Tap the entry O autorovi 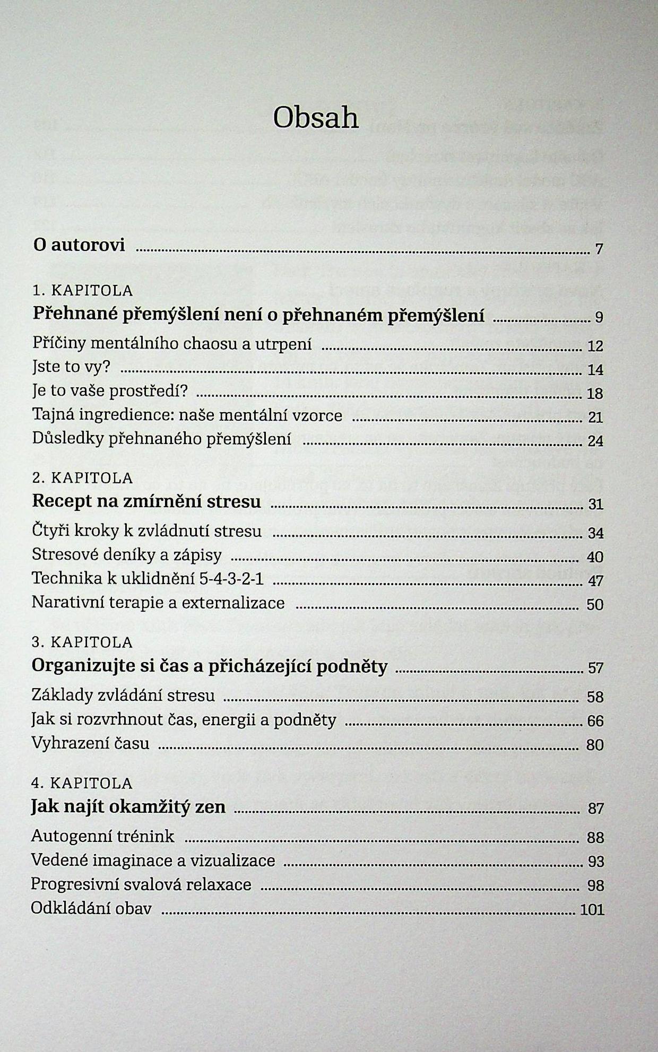79,245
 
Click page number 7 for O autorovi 599,249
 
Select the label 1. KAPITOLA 83,291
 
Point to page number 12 595,346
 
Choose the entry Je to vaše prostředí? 110,392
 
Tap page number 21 595,418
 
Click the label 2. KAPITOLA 83,478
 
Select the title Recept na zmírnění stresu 146,501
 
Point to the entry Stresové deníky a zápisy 127,555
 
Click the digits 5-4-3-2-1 231,578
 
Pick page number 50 595,605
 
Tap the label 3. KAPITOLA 83,642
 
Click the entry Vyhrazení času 90,743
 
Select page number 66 595,721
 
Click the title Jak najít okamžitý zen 128,807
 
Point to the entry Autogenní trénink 103,837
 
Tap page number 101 592,910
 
